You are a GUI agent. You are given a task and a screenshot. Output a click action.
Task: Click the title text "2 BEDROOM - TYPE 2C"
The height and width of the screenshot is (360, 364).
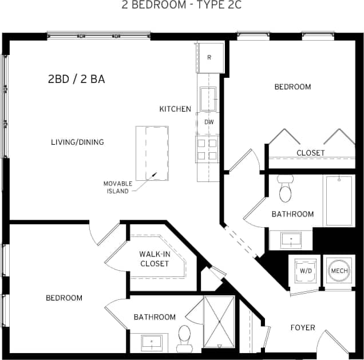(x=181, y=6)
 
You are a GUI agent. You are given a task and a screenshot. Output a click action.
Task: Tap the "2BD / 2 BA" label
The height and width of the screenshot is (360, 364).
(x=76, y=80)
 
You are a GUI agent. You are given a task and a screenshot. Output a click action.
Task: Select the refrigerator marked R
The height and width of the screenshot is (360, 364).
(x=209, y=58)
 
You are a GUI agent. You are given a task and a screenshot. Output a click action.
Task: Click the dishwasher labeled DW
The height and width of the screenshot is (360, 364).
(x=209, y=122)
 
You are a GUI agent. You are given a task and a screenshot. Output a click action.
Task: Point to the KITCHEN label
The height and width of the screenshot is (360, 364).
(x=175, y=109)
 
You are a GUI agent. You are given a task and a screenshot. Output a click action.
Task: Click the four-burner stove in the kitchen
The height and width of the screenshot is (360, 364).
(x=207, y=148)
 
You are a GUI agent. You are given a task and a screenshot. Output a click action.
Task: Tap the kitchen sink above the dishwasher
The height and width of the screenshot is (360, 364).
(x=208, y=98)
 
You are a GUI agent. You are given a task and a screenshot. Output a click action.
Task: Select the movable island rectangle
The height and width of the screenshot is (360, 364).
(x=152, y=153)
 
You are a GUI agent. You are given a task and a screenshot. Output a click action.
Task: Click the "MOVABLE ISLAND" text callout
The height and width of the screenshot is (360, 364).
(x=118, y=187)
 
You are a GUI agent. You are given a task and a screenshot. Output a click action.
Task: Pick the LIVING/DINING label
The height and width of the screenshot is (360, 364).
(x=77, y=142)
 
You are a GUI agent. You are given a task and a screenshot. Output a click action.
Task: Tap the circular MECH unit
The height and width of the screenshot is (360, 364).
(x=338, y=271)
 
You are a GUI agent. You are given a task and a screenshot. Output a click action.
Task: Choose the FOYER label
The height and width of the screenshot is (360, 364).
(x=302, y=327)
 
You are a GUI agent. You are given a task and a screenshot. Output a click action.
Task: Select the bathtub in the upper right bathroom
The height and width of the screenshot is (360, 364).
(x=339, y=200)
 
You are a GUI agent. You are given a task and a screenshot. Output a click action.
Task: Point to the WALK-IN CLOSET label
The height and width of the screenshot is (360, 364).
(x=154, y=259)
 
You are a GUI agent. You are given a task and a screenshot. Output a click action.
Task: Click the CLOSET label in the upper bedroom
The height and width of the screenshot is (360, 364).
(x=311, y=153)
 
